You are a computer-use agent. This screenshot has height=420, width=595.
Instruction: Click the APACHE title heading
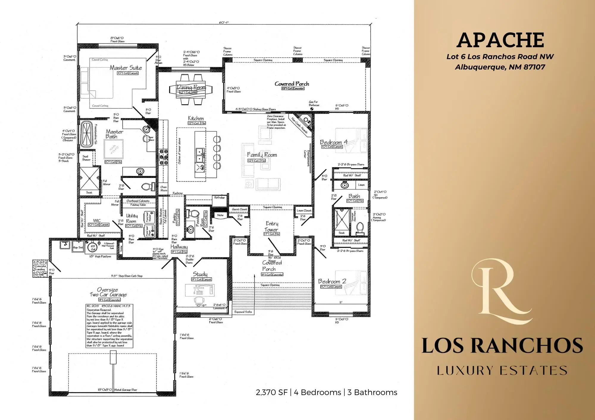500,40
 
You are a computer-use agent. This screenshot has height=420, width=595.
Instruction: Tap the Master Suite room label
126,68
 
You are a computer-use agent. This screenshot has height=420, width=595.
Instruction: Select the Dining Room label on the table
191,87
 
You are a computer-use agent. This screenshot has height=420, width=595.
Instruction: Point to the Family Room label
262,155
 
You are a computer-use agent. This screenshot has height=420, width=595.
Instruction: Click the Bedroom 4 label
333,142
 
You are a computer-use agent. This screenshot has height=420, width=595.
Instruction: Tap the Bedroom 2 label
332,281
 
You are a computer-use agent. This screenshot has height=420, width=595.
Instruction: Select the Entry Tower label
272,227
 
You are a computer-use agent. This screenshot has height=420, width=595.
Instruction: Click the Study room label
200,274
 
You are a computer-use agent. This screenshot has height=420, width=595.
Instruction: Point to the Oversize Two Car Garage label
108,292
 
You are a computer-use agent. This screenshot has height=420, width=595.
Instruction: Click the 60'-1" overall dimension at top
224,23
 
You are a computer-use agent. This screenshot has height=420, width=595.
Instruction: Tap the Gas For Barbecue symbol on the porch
311,109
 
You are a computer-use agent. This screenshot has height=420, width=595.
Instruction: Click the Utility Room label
131,218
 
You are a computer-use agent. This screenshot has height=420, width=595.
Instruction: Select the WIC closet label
97,221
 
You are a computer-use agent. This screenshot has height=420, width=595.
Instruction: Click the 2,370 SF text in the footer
271,392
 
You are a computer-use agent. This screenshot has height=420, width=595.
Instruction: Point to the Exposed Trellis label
243,312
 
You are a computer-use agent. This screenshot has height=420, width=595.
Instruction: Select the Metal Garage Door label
126,390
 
